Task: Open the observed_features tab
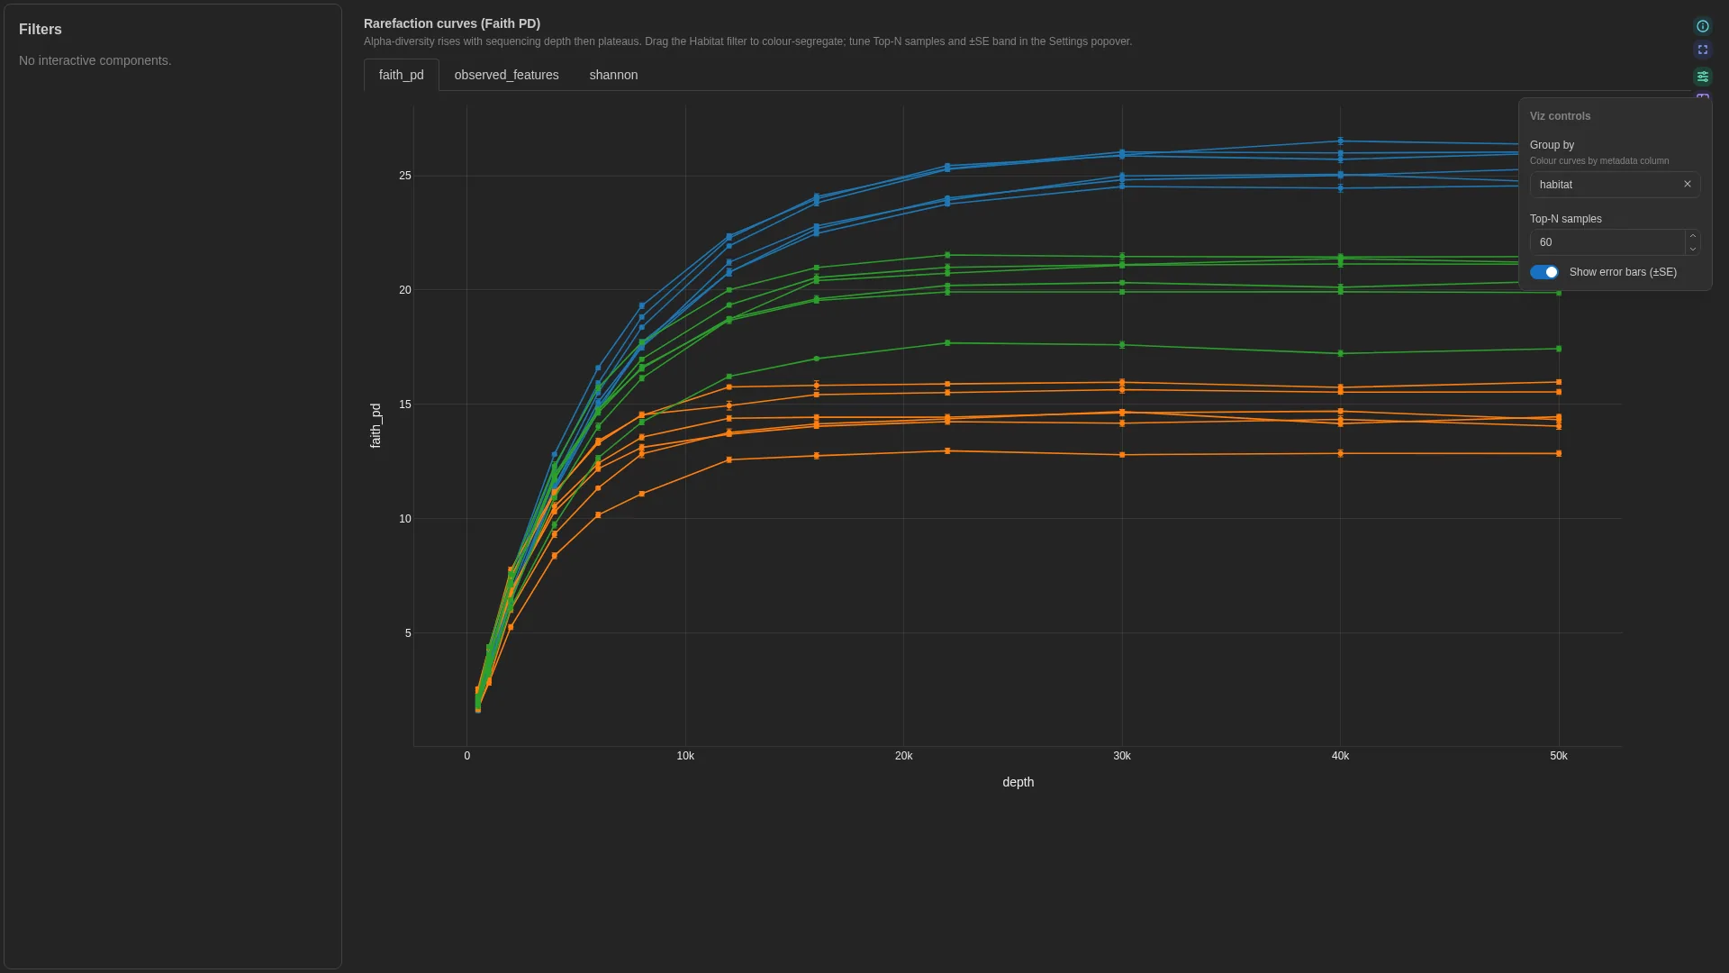[506, 75]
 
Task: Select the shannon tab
[613, 75]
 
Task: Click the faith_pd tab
[401, 75]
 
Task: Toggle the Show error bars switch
[1544, 272]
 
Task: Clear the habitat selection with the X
[1688, 184]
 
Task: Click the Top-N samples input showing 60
[1607, 242]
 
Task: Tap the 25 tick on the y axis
[405, 176]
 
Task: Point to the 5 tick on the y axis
[408, 633]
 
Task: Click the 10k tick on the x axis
[685, 756]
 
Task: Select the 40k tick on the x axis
[1340, 756]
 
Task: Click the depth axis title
[1018, 782]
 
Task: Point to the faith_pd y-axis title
[376, 425]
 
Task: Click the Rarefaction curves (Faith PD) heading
[452, 23]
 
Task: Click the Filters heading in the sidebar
[41, 30]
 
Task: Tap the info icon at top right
[1702, 26]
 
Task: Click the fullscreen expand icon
[1702, 50]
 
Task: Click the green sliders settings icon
[1702, 77]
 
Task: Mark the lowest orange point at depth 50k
[1559, 454]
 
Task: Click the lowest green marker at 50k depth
[1559, 349]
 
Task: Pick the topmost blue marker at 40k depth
[1340, 141]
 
